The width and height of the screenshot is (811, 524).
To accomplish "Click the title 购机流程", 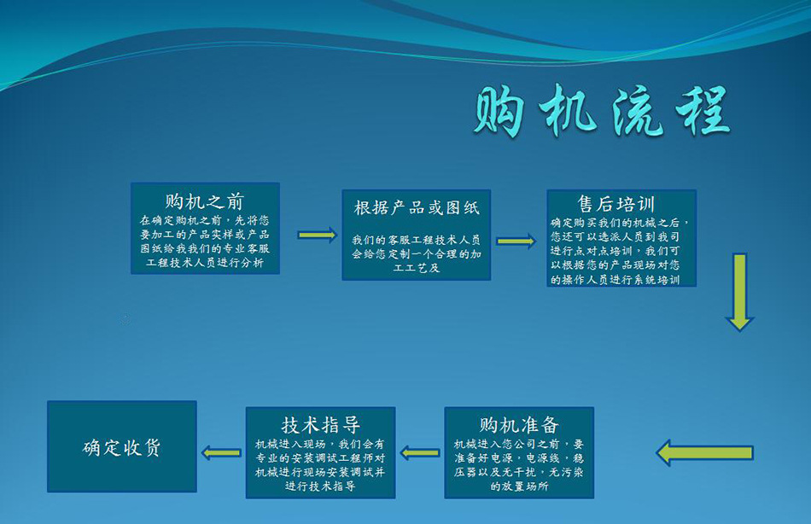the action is (602, 111).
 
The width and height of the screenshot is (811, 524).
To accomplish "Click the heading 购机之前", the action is (205, 201).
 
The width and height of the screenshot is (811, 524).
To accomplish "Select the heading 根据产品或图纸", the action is (417, 207).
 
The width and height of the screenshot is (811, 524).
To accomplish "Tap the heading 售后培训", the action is (616, 204).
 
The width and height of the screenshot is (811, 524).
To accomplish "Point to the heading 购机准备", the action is (519, 425).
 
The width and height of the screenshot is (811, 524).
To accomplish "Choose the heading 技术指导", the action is (321, 425).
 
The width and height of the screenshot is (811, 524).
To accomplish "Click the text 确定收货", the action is (121, 447).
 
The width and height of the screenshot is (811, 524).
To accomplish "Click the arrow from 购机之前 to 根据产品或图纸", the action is (318, 235).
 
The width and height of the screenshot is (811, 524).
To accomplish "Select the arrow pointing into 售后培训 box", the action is (516, 241).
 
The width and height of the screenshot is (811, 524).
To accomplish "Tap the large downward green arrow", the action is (739, 292).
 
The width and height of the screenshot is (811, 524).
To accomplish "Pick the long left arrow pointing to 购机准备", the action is (704, 453).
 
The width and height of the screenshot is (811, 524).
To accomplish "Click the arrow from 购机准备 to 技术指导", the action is (420, 453).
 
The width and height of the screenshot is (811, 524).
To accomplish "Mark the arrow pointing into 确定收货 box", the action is (221, 453).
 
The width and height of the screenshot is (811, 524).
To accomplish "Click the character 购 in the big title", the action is (499, 111).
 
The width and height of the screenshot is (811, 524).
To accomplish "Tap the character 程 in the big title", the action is (703, 111).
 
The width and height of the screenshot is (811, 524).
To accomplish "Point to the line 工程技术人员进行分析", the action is (205, 263).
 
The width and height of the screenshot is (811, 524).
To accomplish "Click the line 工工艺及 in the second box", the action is (417, 268).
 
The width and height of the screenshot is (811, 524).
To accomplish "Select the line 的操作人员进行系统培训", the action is (616, 280).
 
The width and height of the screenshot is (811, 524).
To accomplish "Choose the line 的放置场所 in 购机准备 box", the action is (519, 486).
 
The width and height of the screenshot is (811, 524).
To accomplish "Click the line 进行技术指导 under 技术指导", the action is (321, 486).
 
